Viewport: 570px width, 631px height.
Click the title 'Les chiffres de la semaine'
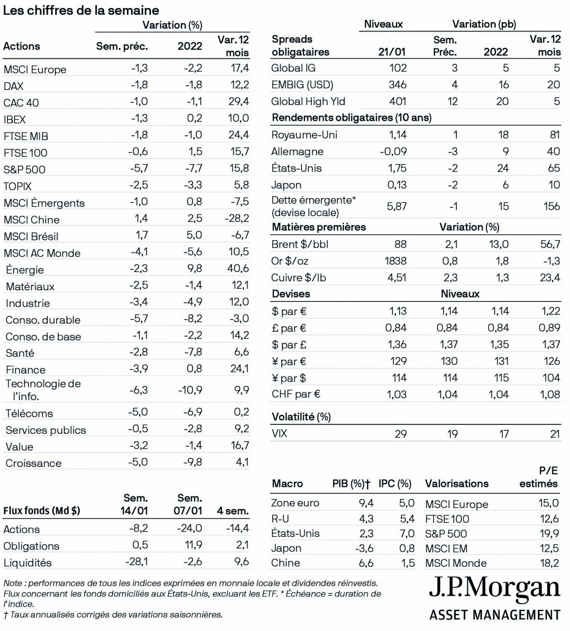point(81,10)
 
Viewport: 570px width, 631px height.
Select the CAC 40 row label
point(21,103)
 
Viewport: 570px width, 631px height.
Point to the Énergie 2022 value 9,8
point(194,269)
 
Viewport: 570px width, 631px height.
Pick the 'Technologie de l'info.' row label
point(43,390)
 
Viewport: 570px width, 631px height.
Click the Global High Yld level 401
point(398,101)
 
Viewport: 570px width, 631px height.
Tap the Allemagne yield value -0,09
point(393,151)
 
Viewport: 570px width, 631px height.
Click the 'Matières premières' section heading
point(319,227)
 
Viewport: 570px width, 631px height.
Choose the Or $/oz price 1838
point(395,261)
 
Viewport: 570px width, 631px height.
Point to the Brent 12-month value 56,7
point(550,244)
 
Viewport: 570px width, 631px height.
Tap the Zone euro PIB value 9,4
point(366,503)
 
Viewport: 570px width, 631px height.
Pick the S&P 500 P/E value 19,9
point(548,534)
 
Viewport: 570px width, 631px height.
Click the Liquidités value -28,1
point(136,562)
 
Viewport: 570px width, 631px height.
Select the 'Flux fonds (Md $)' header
point(42,511)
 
